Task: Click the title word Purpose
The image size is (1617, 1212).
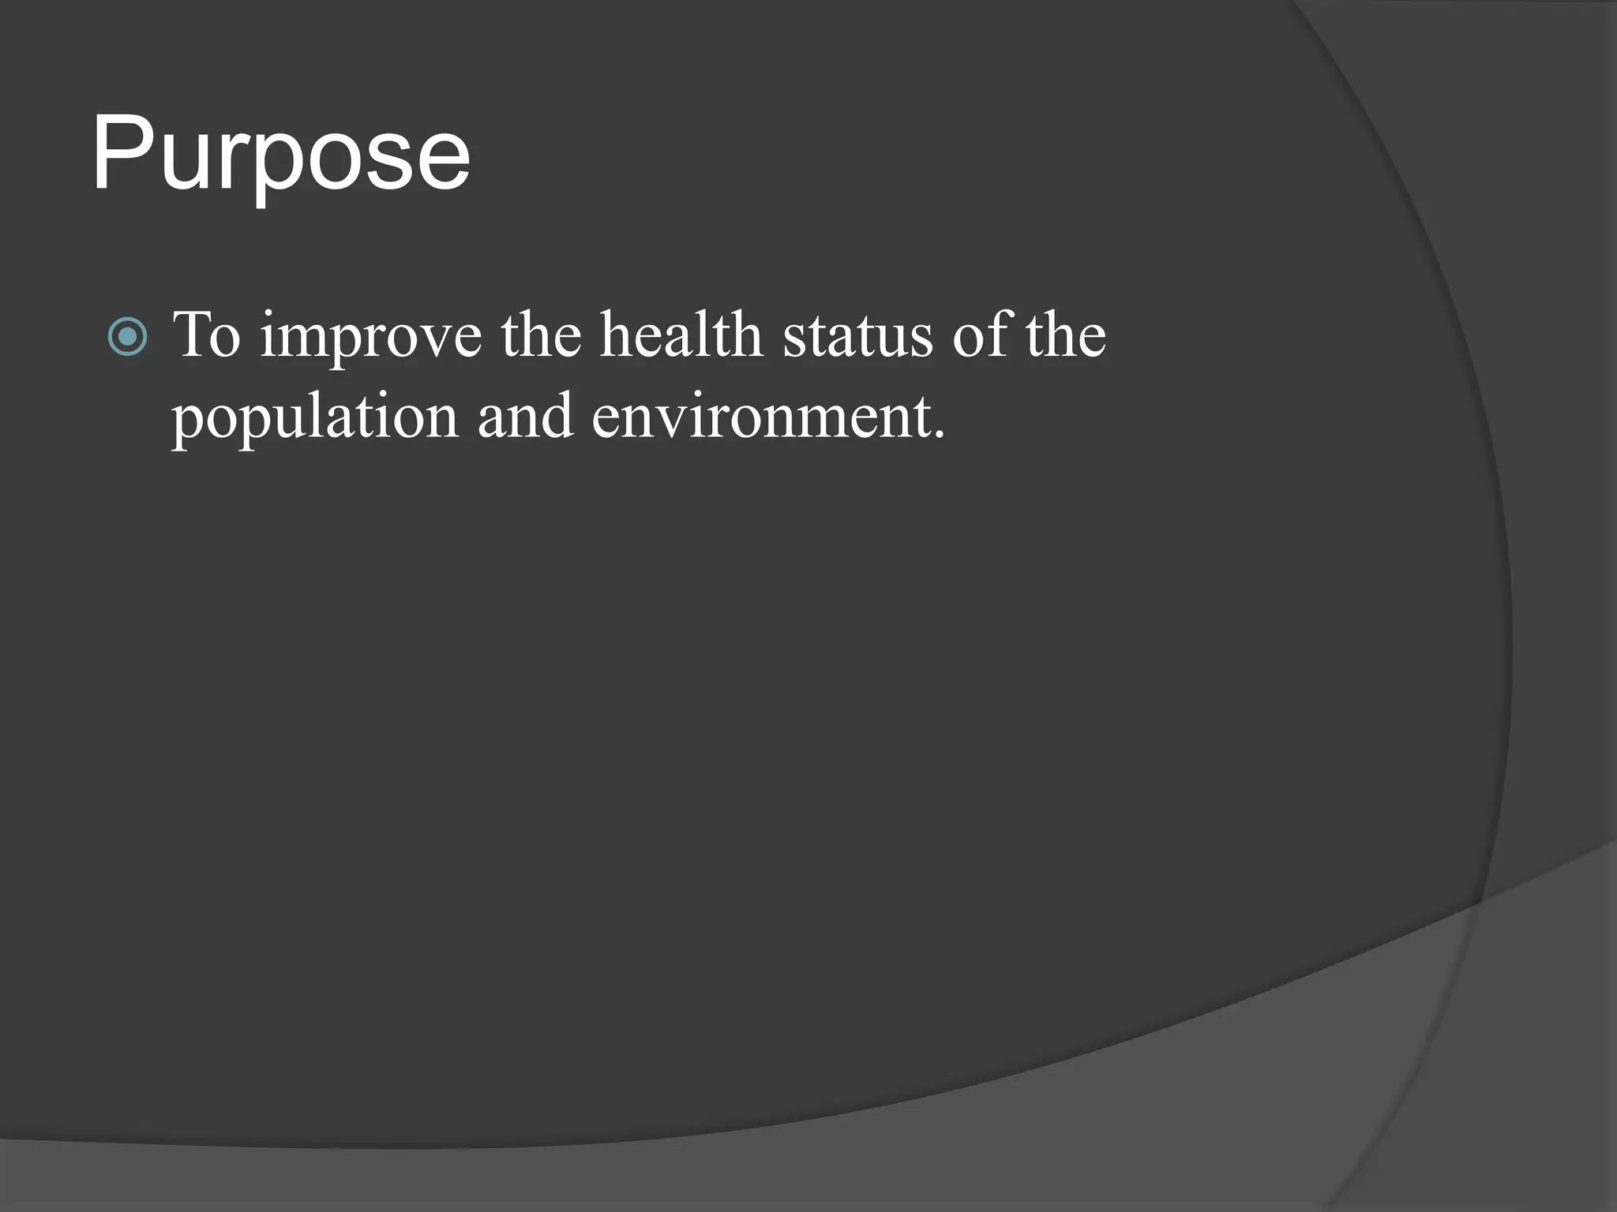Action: point(280,154)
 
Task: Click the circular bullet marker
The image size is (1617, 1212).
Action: point(127,337)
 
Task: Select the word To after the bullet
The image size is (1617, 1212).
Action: point(206,335)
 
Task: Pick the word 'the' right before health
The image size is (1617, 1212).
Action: point(541,335)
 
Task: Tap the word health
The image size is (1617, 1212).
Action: point(681,335)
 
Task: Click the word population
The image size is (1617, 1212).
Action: point(315,418)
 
